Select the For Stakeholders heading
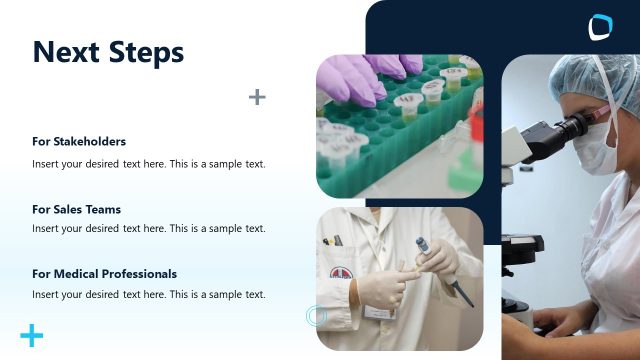point(79,141)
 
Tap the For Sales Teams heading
point(76,209)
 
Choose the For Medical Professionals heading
point(104,273)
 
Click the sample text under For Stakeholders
point(149,164)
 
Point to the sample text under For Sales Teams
point(149,228)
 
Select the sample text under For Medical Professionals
point(149,294)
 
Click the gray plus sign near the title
point(257,97)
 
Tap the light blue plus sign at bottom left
point(32,336)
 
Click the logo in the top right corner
point(600,27)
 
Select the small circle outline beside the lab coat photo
point(316,316)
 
